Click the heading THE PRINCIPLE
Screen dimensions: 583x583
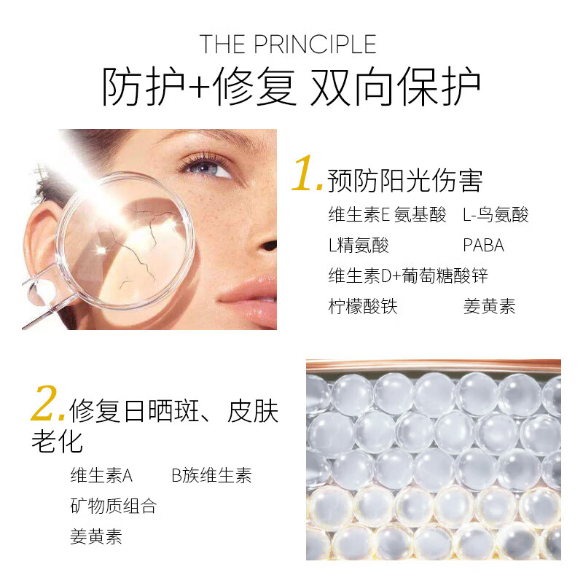[289, 44]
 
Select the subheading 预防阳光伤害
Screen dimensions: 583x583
[405, 180]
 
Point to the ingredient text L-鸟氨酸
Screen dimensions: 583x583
[496, 214]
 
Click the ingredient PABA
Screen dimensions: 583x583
[483, 245]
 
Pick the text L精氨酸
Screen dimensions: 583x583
[359, 245]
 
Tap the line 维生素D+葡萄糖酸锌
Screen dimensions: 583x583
[408, 276]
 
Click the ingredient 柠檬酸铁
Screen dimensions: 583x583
[363, 307]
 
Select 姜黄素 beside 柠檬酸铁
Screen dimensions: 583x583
[489, 307]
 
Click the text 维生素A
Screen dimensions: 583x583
[101, 476]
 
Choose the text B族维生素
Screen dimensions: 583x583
[211, 476]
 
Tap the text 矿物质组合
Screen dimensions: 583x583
[113, 506]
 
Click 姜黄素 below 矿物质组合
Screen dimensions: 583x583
[95, 537]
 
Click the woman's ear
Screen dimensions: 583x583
[38, 233]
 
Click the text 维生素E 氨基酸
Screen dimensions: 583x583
[387, 214]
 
